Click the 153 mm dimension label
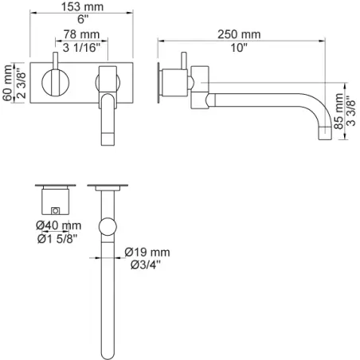coord(82,6)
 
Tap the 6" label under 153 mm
coord(83,19)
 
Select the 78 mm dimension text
coord(81,34)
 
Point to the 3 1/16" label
coord(82,48)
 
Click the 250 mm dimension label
coord(239,34)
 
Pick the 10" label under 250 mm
coord(239,48)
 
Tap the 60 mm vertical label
coord(7,83)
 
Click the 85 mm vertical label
coord(338,112)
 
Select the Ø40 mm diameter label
coord(59,225)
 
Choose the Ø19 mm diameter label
coord(147,252)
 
